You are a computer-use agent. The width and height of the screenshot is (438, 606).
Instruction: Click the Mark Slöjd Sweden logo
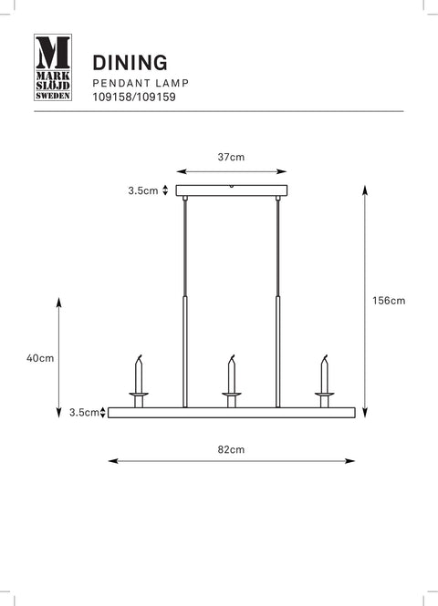click(x=53, y=67)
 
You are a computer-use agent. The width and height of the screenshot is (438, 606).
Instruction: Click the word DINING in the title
click(x=130, y=63)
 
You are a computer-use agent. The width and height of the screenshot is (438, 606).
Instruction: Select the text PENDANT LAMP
click(x=141, y=83)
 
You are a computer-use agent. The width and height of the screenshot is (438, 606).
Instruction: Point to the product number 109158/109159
click(x=134, y=97)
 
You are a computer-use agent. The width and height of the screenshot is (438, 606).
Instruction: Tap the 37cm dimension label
click(x=231, y=157)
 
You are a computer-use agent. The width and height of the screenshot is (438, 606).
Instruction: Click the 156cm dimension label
click(x=389, y=301)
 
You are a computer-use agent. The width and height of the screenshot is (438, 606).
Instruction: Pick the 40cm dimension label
click(x=40, y=358)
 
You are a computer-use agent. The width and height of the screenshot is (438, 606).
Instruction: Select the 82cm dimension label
click(x=231, y=449)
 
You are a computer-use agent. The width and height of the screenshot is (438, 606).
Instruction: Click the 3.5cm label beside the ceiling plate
click(x=143, y=190)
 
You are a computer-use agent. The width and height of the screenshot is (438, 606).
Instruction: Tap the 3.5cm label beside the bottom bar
click(x=84, y=413)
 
